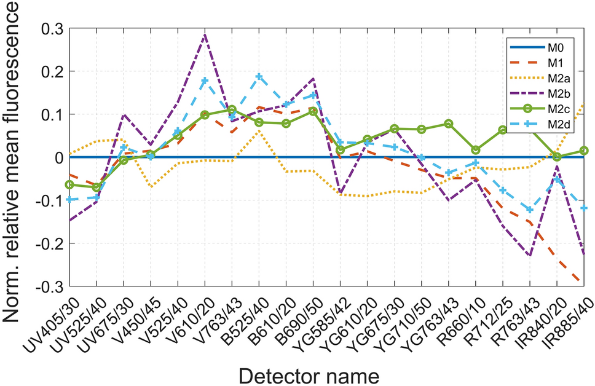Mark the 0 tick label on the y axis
point(59,157)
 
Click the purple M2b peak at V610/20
point(205,34)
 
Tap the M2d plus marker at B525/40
point(259,76)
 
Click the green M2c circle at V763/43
point(232,109)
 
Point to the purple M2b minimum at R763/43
point(530,255)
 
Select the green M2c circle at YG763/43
point(449,124)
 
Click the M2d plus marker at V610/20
point(205,81)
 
